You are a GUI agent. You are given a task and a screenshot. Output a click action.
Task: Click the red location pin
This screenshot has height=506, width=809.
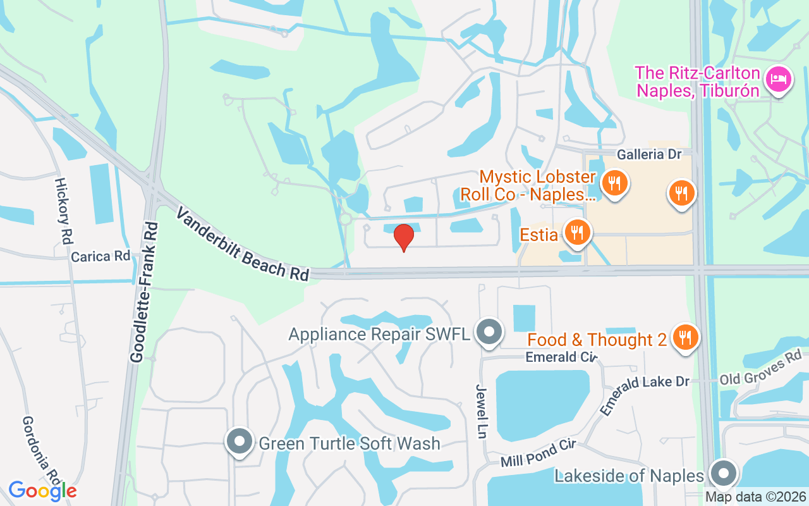403,237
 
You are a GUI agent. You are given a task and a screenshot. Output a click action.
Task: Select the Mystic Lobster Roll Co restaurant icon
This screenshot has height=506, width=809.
613,184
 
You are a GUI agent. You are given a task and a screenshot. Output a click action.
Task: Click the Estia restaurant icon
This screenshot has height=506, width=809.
576,233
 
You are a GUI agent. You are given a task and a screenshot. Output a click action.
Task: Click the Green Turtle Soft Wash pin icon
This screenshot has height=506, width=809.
240,442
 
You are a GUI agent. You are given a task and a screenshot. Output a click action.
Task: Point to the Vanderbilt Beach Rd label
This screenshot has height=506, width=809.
243,244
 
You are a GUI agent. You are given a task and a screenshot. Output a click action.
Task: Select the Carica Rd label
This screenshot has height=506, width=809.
100,257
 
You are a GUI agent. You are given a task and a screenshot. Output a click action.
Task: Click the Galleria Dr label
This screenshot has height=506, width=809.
650,154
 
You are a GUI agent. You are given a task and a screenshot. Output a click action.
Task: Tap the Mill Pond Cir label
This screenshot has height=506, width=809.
538,454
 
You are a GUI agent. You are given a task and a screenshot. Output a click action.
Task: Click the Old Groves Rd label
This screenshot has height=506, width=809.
761,371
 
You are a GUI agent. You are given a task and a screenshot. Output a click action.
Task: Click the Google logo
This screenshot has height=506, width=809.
42,490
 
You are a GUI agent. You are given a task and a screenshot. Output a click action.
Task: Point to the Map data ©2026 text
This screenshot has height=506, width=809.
755,497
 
